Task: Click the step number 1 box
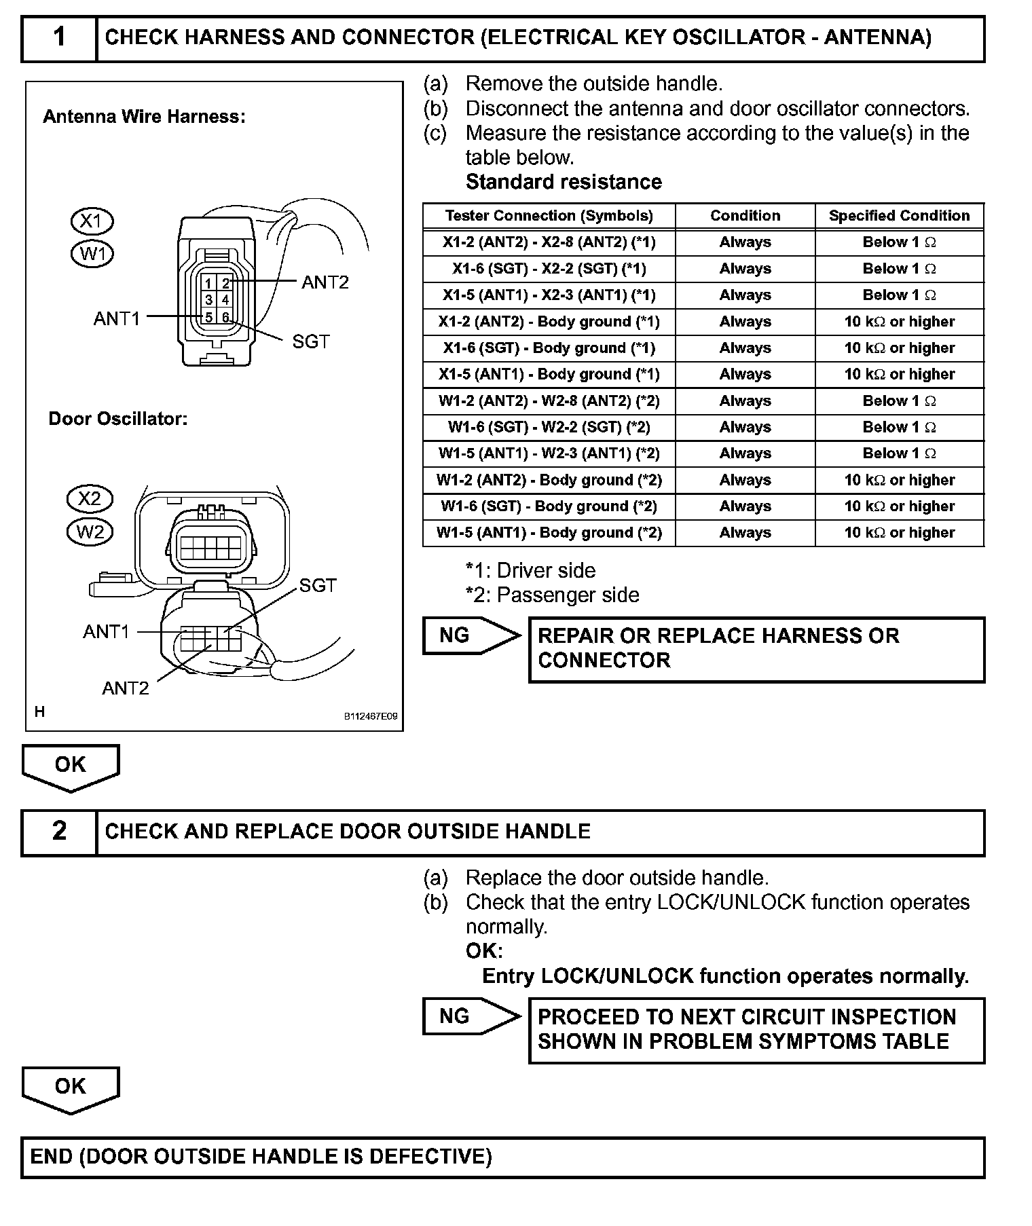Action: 60,37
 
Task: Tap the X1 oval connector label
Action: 92,221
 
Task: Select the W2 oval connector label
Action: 90,531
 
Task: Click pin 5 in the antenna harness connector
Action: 209,316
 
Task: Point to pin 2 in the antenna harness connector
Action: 226,284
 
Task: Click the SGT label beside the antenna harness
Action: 310,341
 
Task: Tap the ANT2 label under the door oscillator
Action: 125,688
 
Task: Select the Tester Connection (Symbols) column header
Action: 549,216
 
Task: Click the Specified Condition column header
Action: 899,216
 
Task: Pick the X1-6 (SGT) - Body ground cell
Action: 549,348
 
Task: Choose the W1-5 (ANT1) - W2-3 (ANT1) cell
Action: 549,453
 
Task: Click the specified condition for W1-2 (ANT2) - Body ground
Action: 899,480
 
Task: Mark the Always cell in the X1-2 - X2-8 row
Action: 745,242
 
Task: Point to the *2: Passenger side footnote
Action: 552,595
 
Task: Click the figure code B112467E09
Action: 371,716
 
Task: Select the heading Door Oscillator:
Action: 117,419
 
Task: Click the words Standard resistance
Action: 564,182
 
